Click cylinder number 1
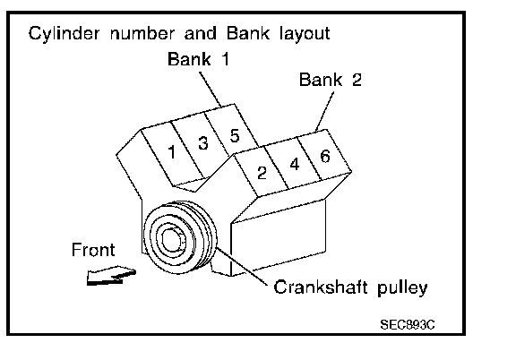pyautogui.click(x=171, y=152)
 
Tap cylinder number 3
pyautogui.click(x=203, y=142)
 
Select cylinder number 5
pyautogui.click(x=235, y=135)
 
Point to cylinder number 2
pyautogui.click(x=262, y=173)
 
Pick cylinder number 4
pyautogui.click(x=295, y=164)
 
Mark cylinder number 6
pyautogui.click(x=325, y=156)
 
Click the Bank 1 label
pyautogui.click(x=198, y=59)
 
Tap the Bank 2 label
pyautogui.click(x=331, y=80)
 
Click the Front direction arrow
pyautogui.click(x=111, y=275)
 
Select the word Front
pyautogui.click(x=93, y=250)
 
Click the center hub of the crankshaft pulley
pyautogui.click(x=171, y=239)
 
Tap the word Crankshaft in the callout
pyautogui.click(x=321, y=287)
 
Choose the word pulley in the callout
pyautogui.click(x=402, y=288)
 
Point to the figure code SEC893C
pyautogui.click(x=408, y=325)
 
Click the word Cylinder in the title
pyautogui.click(x=64, y=34)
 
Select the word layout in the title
pyautogui.click(x=305, y=34)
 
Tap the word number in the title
pyautogui.click(x=143, y=33)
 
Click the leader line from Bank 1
pyautogui.click(x=211, y=90)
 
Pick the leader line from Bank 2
pyautogui.click(x=324, y=112)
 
